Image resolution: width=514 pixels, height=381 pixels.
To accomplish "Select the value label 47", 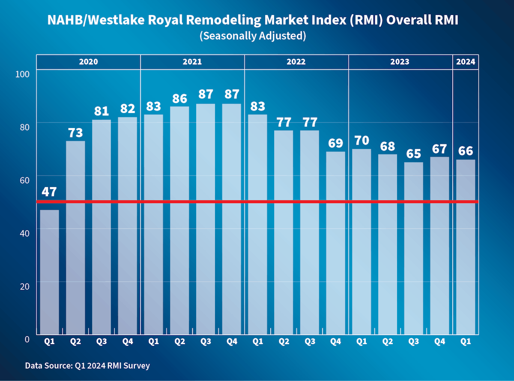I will tap(49, 191).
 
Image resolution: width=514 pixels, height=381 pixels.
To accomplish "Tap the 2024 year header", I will tap(466, 62).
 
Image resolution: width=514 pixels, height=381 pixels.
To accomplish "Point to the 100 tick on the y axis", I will tap(21, 74).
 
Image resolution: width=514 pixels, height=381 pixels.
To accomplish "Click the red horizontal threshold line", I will tap(257, 202).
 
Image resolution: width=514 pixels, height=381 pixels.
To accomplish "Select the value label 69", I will tap(335, 143).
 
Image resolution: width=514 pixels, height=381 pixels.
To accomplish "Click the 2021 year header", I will tap(192, 62).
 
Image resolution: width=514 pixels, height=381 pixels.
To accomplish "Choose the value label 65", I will tap(413, 153).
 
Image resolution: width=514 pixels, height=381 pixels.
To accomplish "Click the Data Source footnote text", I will tap(87, 366).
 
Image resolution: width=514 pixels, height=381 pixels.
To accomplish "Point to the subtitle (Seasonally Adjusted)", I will tap(253, 36).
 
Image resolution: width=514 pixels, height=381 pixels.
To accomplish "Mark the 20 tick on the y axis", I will tap(24, 286).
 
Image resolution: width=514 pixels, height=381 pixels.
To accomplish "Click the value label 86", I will tap(179, 98).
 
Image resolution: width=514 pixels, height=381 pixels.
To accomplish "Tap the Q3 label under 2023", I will tap(413, 341).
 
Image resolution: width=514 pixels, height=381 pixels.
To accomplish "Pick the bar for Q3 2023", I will tap(413, 248).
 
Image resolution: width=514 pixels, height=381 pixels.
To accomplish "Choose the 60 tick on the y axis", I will tap(24, 180).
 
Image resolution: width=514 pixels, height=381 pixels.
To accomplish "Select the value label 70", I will tap(362, 140).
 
